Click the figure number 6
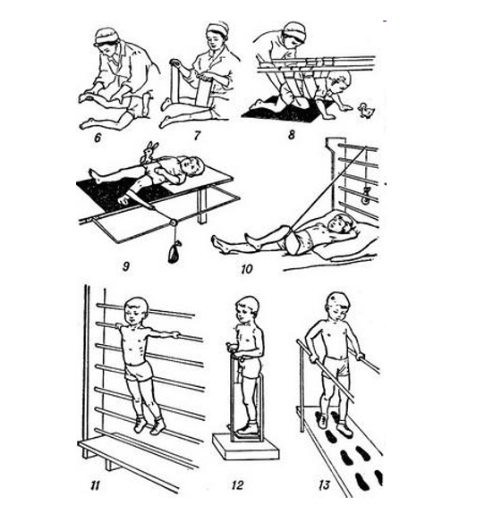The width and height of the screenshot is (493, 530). (x=98, y=138)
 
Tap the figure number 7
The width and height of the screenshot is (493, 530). (x=197, y=136)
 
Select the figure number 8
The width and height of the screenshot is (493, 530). (x=292, y=135)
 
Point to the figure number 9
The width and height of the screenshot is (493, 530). (x=125, y=266)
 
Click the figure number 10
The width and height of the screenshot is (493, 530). (x=247, y=269)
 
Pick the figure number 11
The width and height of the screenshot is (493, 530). (x=95, y=485)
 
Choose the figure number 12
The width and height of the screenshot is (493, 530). (x=237, y=485)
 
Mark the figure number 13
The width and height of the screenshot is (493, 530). (x=324, y=485)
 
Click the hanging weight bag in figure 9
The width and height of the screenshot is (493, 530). (x=174, y=252)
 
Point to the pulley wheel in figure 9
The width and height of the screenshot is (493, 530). (x=173, y=223)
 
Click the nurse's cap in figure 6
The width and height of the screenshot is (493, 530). (x=106, y=36)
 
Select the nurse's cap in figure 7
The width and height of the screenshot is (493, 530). (x=218, y=28)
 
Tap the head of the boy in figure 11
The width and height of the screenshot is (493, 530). (x=136, y=311)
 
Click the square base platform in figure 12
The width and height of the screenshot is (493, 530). (x=246, y=446)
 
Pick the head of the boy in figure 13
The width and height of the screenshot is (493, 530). (x=338, y=307)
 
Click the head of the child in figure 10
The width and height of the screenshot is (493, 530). (x=341, y=223)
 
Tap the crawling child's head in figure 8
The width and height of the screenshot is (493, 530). (x=337, y=82)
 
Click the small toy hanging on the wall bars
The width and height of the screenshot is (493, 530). (x=365, y=195)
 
